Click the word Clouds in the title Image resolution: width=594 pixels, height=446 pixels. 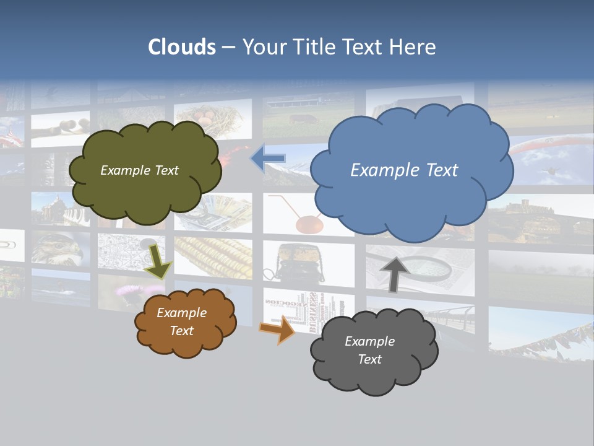[x=182, y=47]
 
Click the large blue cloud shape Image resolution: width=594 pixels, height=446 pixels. [x=411, y=171]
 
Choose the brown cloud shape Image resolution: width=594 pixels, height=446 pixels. [x=184, y=322]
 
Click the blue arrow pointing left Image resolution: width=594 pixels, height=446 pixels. [x=268, y=159]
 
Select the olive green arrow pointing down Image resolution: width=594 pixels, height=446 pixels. [x=159, y=261]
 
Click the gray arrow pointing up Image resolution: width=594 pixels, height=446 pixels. [x=394, y=273]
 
